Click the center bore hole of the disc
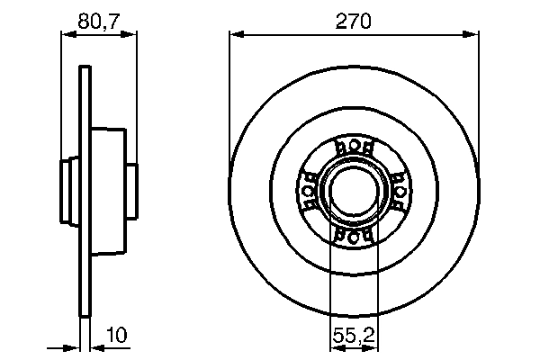[353, 190]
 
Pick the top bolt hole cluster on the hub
[353, 148]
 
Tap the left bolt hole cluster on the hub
[309, 191]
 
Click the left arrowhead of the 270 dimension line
[235, 35]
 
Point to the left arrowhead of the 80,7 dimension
[65, 33]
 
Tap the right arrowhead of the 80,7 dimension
[132, 33]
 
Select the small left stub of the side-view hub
[68, 190]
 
